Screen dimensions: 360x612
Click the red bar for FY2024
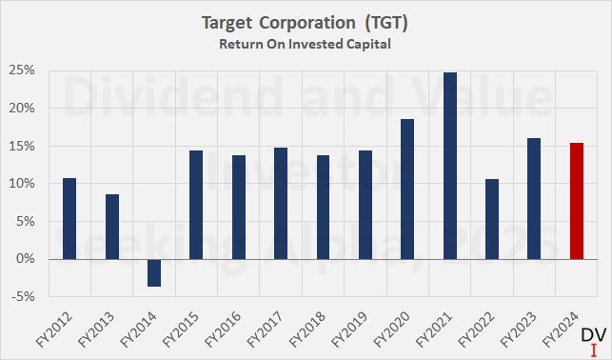pyautogui.click(x=576, y=201)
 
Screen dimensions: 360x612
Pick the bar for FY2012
pyautogui.click(x=69, y=218)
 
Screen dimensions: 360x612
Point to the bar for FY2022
pyautogui.click(x=492, y=218)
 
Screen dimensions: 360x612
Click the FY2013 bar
pyautogui.click(x=111, y=227)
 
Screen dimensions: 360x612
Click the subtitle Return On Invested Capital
pyautogui.click(x=306, y=42)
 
